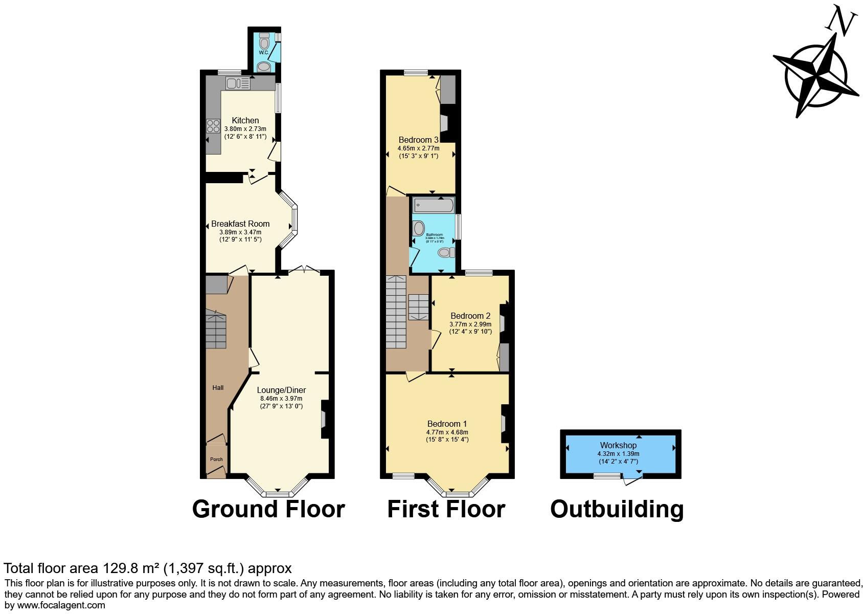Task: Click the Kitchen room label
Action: pyautogui.click(x=245, y=120)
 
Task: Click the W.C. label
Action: pyautogui.click(x=264, y=53)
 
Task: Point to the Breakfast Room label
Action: pyautogui.click(x=240, y=224)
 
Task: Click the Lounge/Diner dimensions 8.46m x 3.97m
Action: pyautogui.click(x=281, y=399)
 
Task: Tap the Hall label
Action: pyautogui.click(x=218, y=388)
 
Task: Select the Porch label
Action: pyautogui.click(x=216, y=459)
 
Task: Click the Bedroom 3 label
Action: pyautogui.click(x=418, y=140)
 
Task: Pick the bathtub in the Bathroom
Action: pyautogui.click(x=434, y=206)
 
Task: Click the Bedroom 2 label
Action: pyautogui.click(x=470, y=316)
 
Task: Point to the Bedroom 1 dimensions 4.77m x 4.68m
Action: pyautogui.click(x=447, y=432)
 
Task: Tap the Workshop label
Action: pyautogui.click(x=618, y=445)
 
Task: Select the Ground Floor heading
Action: pyautogui.click(x=268, y=510)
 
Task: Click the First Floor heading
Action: pyautogui.click(x=446, y=510)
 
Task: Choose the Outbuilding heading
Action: pyautogui.click(x=617, y=510)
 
